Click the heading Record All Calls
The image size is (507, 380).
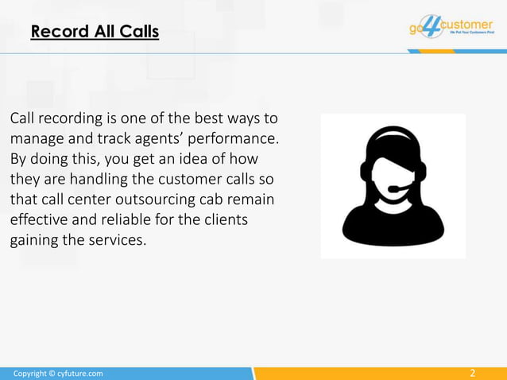tap(95, 33)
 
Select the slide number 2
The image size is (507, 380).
tap(473, 373)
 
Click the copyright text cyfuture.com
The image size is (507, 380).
tap(58, 373)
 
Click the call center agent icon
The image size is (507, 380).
tap(393, 185)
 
